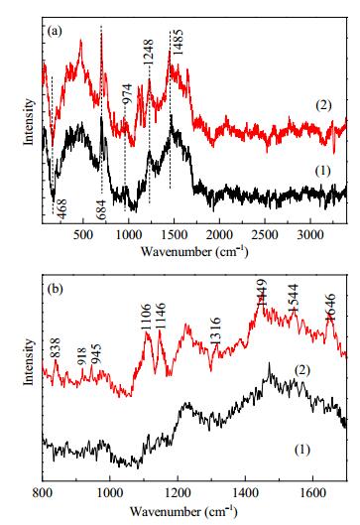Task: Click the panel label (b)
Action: [55, 288]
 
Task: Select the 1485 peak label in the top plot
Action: [178, 43]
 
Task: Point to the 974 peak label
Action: [128, 93]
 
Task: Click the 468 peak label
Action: [62, 209]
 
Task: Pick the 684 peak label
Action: [100, 209]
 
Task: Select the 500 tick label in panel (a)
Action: [83, 234]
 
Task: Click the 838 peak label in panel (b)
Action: [56, 348]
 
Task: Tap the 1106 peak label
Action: [146, 317]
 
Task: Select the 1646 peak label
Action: [330, 308]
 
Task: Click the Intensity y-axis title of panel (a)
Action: [29, 121]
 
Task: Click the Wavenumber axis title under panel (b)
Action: [183, 511]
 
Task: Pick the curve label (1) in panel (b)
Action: [302, 450]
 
